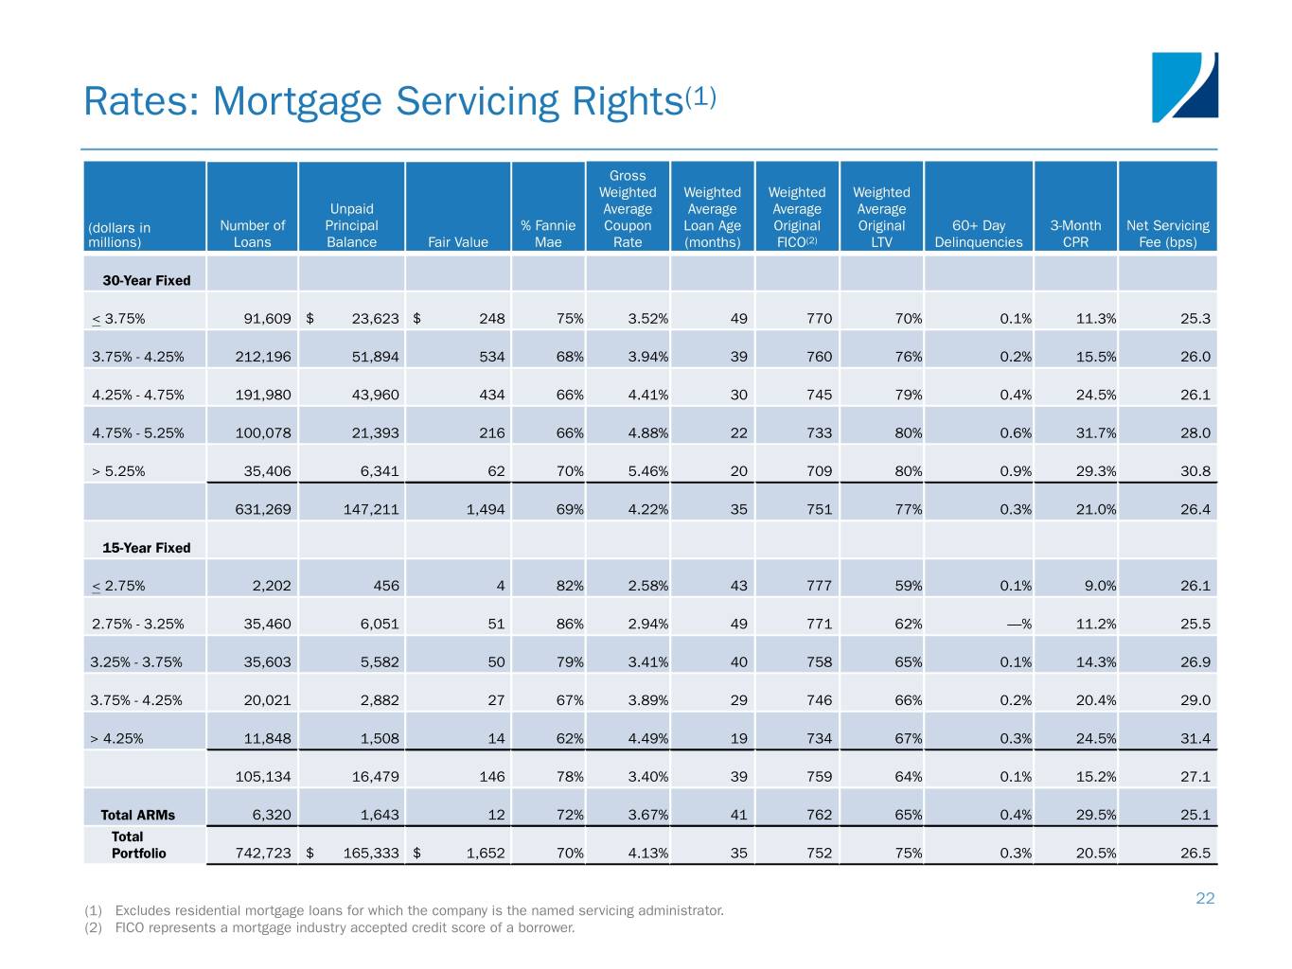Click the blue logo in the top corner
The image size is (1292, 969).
(1184, 87)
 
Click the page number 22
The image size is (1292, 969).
(1205, 898)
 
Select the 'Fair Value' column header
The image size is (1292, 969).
(458, 242)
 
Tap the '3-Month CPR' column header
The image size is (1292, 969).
(1075, 234)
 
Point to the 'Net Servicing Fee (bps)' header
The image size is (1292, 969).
(1167, 234)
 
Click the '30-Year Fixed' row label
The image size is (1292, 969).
(147, 280)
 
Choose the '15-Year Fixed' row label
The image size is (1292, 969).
(147, 548)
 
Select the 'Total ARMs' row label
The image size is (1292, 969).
(138, 815)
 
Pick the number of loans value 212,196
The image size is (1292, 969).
(263, 357)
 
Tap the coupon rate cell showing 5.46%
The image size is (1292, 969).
(647, 471)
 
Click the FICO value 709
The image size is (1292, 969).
(819, 471)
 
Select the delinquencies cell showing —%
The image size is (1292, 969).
(1018, 625)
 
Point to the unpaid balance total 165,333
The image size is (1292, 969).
(371, 854)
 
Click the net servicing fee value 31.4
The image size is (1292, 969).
(1195, 739)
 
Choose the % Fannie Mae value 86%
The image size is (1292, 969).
(570, 625)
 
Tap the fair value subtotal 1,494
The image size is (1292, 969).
(486, 510)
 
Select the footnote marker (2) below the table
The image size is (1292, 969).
(93, 927)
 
